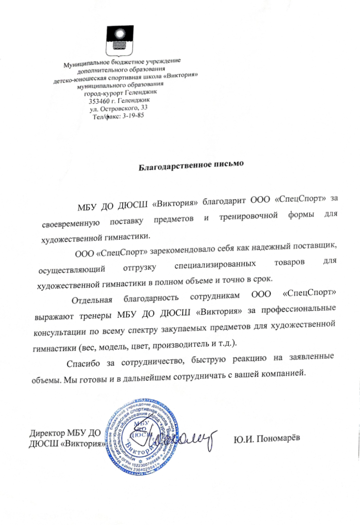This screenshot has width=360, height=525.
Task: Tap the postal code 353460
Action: (x=100, y=101)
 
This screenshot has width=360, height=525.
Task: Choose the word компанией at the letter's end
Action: (x=284, y=373)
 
